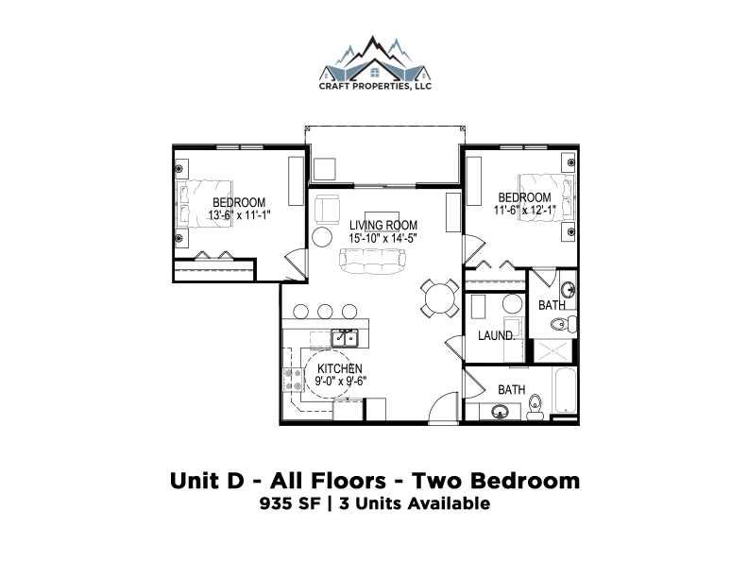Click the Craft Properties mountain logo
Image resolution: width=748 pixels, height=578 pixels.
tap(375, 62)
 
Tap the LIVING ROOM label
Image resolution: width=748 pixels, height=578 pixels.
tap(383, 225)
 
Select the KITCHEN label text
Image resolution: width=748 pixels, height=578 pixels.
tap(340, 368)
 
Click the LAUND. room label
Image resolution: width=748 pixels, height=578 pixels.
tap(496, 335)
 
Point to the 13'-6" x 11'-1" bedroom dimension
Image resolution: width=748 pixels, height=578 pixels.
tap(239, 215)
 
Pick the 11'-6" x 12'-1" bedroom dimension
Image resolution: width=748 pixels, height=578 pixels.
tap(525, 210)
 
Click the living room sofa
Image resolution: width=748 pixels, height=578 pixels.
tap(372, 262)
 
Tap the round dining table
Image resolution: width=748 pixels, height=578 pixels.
tap(440, 298)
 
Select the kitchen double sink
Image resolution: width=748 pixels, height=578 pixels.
tap(345, 338)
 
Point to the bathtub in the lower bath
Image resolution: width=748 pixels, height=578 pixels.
tap(565, 390)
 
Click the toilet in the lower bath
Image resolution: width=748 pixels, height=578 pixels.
tap(535, 408)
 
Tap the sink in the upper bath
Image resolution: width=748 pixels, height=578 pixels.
tap(568, 290)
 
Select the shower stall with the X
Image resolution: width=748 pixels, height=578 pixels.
tap(552, 350)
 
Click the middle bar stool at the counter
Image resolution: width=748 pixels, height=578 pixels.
tap(325, 312)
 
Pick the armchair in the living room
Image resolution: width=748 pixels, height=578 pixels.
tap(327, 209)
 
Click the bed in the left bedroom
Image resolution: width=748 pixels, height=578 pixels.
tap(205, 204)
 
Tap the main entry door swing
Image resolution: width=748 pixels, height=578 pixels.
tap(444, 407)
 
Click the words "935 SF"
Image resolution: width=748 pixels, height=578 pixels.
tap(290, 503)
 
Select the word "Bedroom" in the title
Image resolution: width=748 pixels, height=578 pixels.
tap(525, 481)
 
